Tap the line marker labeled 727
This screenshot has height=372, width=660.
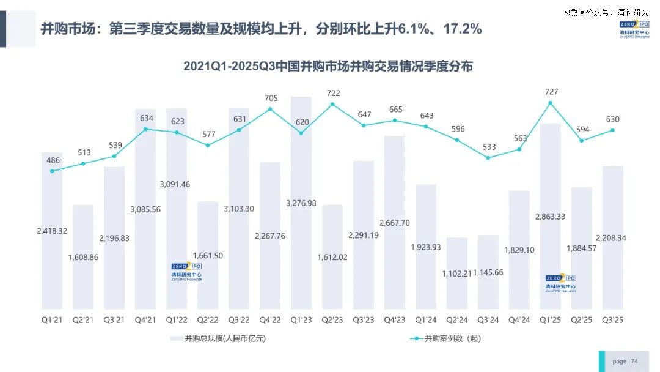pyautogui.click(x=551, y=103)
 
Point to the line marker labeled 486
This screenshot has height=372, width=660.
pyautogui.click(x=52, y=171)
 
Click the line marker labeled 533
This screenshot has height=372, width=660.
pyautogui.click(x=488, y=157)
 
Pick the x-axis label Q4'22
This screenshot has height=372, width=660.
pyautogui.click(x=270, y=320)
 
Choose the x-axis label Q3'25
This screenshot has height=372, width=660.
pyautogui.click(x=613, y=320)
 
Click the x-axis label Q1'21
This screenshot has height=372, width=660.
pyautogui.click(x=52, y=320)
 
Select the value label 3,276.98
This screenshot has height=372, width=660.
pyautogui.click(x=301, y=203)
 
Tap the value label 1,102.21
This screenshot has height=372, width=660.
pyautogui.click(x=457, y=273)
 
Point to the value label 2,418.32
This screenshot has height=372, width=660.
pyautogui.click(x=52, y=232)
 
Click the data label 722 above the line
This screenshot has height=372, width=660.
pyautogui.click(x=332, y=93)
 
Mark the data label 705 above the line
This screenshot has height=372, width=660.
pyautogui.click(x=271, y=98)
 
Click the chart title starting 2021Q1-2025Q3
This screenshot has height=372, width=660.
pyautogui.click(x=328, y=67)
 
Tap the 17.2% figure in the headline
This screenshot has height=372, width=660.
pyautogui.click(x=460, y=29)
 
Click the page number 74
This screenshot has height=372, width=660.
pyautogui.click(x=634, y=362)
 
